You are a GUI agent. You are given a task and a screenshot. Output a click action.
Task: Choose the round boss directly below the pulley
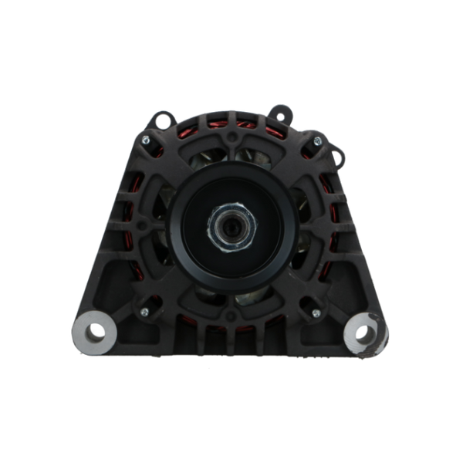[231, 318]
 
